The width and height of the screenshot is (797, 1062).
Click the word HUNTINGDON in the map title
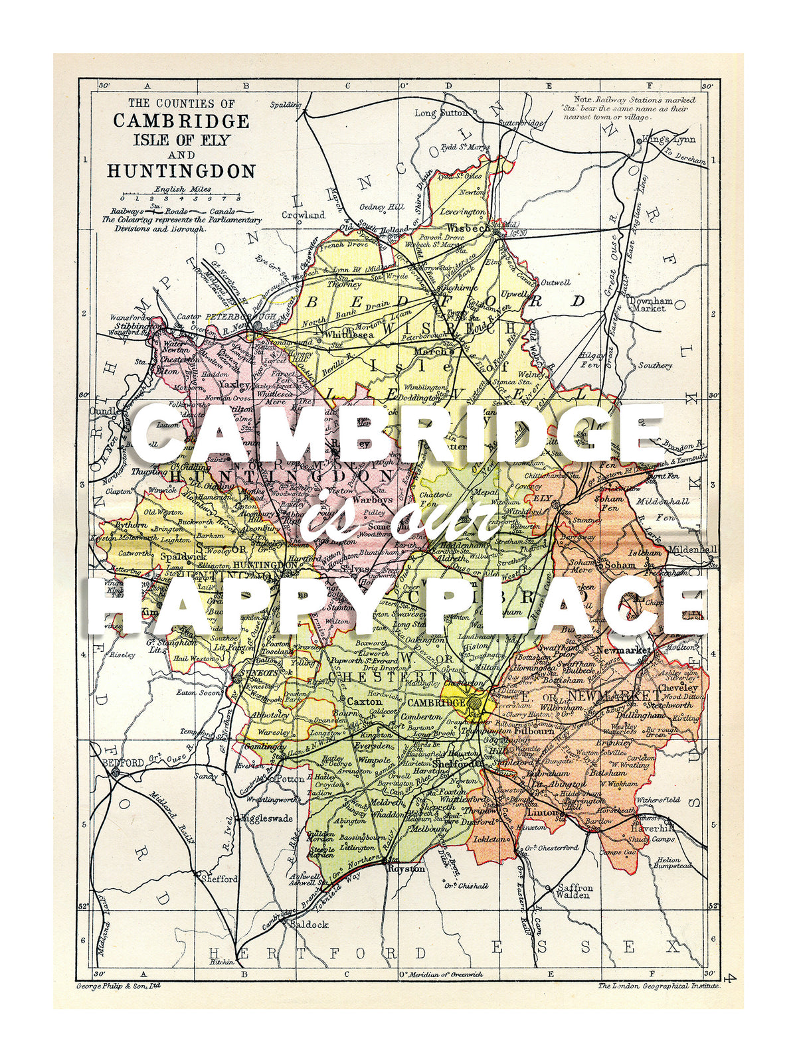pyautogui.click(x=181, y=171)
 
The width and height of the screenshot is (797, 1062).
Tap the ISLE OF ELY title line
pyautogui.click(x=181, y=140)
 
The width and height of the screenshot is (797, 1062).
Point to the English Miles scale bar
pyautogui.click(x=180, y=198)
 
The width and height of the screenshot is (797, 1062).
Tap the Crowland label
pyautogui.click(x=303, y=214)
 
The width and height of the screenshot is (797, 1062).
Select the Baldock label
pyautogui.click(x=309, y=924)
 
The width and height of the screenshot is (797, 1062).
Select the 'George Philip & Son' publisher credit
pyautogui.click(x=118, y=986)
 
